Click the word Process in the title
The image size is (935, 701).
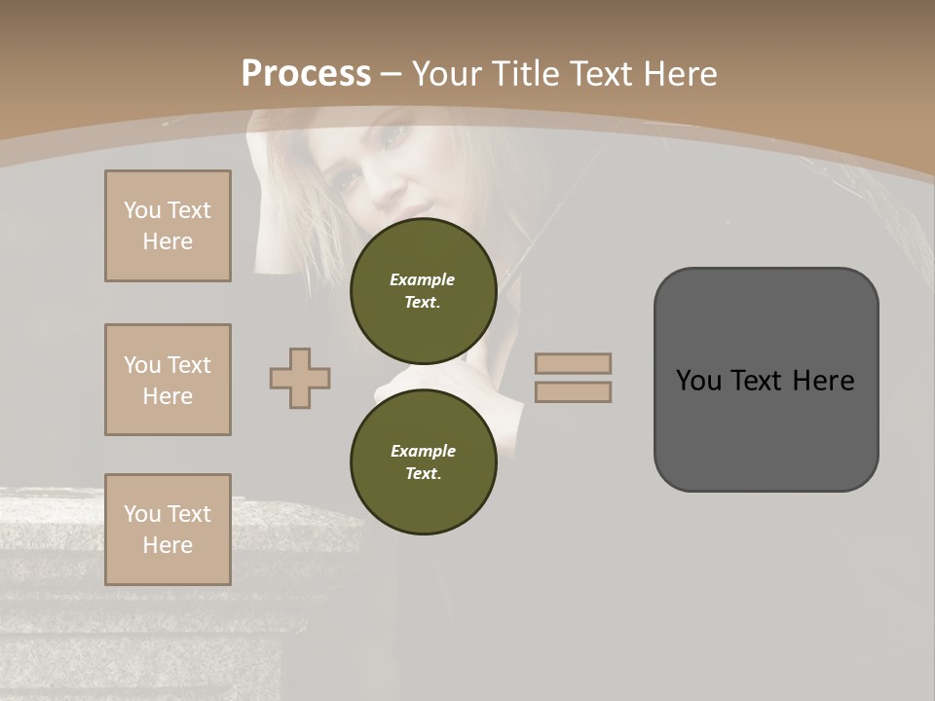click(306, 73)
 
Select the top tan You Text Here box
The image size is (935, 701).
click(168, 226)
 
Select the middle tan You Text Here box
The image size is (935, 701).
click(168, 380)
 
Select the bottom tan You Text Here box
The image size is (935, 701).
click(168, 530)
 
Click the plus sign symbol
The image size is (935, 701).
click(300, 378)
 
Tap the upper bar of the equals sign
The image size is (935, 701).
click(573, 363)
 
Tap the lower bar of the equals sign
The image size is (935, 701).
click(573, 391)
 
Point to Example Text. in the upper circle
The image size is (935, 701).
click(423, 290)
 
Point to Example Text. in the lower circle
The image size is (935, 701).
click(423, 461)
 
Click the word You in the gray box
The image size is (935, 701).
click(698, 381)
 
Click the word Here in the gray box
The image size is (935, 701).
click(823, 381)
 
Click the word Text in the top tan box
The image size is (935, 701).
click(189, 210)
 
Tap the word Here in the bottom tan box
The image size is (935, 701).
click(168, 545)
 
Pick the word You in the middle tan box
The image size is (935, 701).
click(142, 365)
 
